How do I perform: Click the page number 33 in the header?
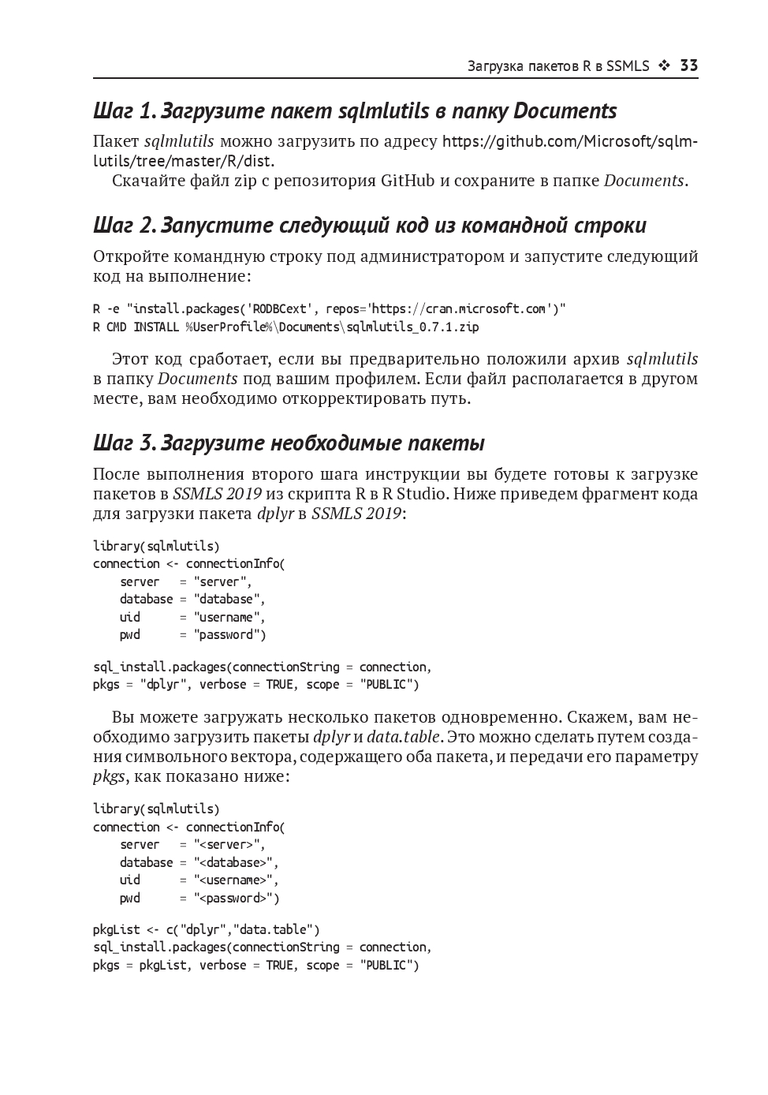(688, 66)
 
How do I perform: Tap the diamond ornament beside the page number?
(664, 66)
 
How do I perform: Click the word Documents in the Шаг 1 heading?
(565, 111)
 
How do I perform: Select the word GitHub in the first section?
(407, 181)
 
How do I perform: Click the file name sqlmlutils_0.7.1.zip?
(412, 327)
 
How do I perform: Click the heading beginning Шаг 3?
(289, 443)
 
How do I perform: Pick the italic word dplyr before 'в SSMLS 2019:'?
(275, 514)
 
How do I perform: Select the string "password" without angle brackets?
(230, 635)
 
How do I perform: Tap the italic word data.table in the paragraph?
(404, 738)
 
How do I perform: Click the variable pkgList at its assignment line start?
(116, 930)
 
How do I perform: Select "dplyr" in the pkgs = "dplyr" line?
(166, 685)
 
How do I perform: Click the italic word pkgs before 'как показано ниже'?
(109, 777)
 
